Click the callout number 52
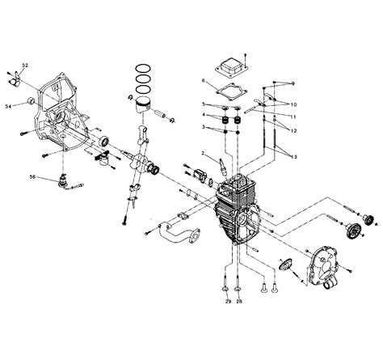pos(25,65)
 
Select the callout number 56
pos(33,176)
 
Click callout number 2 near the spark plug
pos(204,154)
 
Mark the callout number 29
pos(229,301)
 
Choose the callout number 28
pos(240,301)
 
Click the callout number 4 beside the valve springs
pos(204,115)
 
